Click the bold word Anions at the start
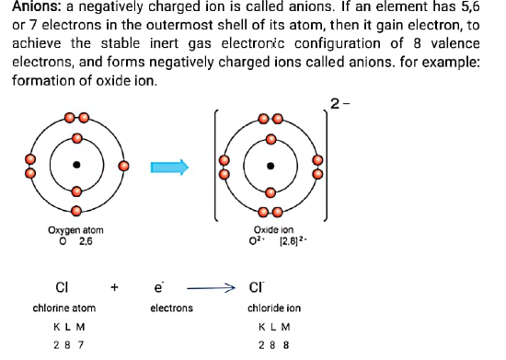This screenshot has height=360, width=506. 35,8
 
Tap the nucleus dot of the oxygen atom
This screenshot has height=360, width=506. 77,166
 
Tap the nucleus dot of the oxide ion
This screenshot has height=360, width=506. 270,166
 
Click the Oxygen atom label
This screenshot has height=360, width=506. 75,230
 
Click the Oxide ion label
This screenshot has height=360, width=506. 273,230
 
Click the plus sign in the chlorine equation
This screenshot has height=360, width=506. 115,287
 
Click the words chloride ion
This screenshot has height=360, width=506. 274,308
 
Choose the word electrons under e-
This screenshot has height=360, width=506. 171,308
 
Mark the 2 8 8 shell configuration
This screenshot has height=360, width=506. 274,346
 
